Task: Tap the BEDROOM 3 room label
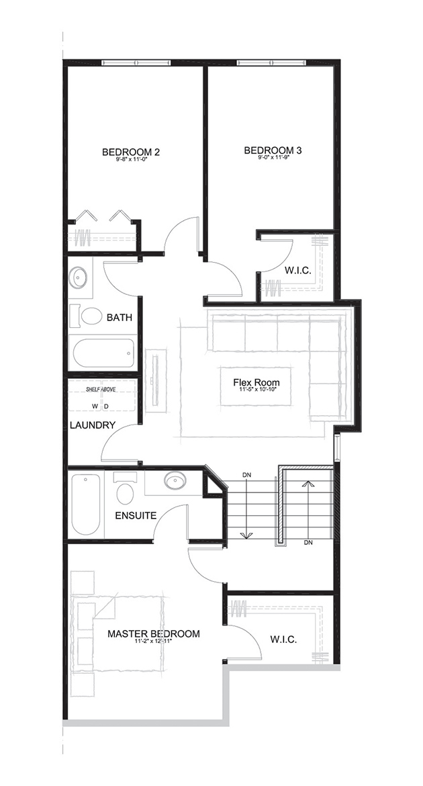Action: (272, 150)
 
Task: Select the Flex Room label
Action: (256, 384)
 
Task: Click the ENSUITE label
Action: (136, 516)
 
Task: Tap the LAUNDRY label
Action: (93, 425)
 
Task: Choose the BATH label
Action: (120, 317)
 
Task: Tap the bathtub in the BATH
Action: (104, 352)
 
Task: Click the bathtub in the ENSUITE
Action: (86, 504)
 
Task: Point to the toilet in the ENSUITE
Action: (126, 491)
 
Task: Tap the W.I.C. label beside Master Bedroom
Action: (284, 639)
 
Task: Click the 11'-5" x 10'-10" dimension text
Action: (256, 392)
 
